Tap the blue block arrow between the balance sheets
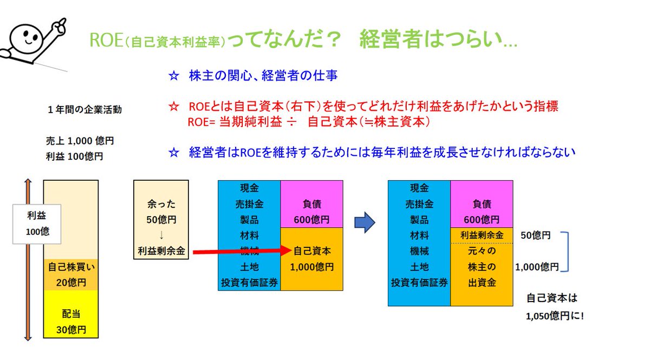coord(365,222)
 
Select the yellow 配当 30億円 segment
coord(71,322)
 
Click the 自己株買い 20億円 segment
coord(71,274)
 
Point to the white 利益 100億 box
coord(37,223)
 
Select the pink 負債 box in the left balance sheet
coord(311,204)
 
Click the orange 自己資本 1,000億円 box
coord(311,259)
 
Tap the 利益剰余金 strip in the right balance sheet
coord(482,235)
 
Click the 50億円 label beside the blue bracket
coord(536,235)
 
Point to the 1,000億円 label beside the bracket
coord(537,267)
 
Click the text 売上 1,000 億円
coord(80,140)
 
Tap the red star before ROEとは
coord(173,106)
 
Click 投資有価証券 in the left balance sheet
coord(249,282)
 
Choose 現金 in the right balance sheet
coord(419,188)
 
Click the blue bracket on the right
coord(567,251)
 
